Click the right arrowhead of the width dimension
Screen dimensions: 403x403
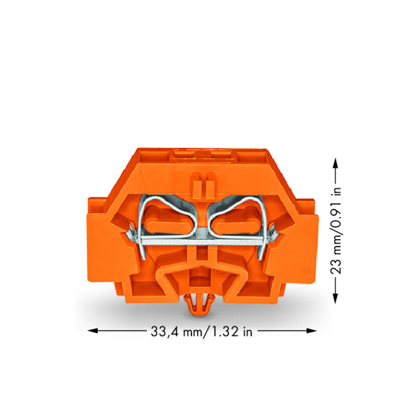pyautogui.click(x=312, y=330)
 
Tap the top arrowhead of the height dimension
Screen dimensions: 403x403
pyautogui.click(x=335, y=163)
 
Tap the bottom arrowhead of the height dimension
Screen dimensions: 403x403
pyautogui.click(x=335, y=299)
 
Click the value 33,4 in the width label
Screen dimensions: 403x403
pyautogui.click(x=164, y=332)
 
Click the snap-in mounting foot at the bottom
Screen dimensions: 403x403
pyautogui.click(x=200, y=305)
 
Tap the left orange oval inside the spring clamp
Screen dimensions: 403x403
pyautogui.click(x=167, y=227)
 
